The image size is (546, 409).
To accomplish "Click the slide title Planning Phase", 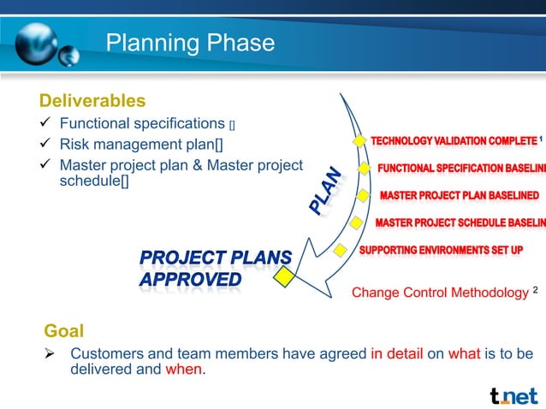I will [189, 43].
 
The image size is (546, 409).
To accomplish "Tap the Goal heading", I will [63, 331].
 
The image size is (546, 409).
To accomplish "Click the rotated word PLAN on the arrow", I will [326, 191].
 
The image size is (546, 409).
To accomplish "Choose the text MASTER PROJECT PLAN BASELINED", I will [459, 196].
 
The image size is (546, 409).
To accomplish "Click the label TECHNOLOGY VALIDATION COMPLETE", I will [453, 140].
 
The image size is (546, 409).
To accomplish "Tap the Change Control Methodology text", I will [440, 293].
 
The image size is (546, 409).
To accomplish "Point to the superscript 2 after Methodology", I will [535, 290].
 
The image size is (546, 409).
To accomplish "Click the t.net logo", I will [513, 394].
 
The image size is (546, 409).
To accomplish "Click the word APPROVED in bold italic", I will [190, 280].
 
